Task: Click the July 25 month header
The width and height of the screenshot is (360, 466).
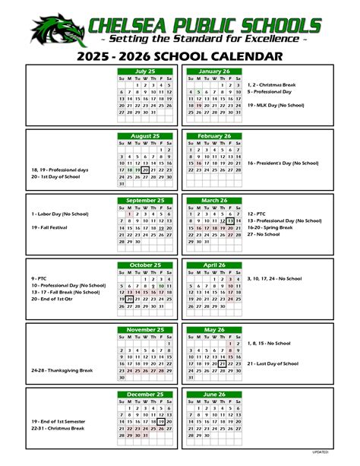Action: click(145, 71)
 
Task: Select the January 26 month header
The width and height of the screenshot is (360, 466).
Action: click(213, 71)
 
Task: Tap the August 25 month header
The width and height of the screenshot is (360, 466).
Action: click(145, 136)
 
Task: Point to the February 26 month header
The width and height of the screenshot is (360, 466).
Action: click(213, 136)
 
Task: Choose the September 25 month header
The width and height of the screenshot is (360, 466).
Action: click(145, 200)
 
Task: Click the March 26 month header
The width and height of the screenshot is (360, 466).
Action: click(213, 200)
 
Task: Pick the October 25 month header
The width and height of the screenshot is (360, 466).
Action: click(145, 265)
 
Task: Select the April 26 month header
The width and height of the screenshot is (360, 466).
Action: click(213, 265)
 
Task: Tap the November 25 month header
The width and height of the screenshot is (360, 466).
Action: click(145, 330)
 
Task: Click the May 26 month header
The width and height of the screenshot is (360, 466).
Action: click(213, 330)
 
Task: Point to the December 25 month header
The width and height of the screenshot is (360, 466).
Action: click(145, 395)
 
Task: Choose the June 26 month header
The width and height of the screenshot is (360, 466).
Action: click(213, 395)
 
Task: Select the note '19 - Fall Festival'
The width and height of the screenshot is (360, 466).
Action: click(52, 227)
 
